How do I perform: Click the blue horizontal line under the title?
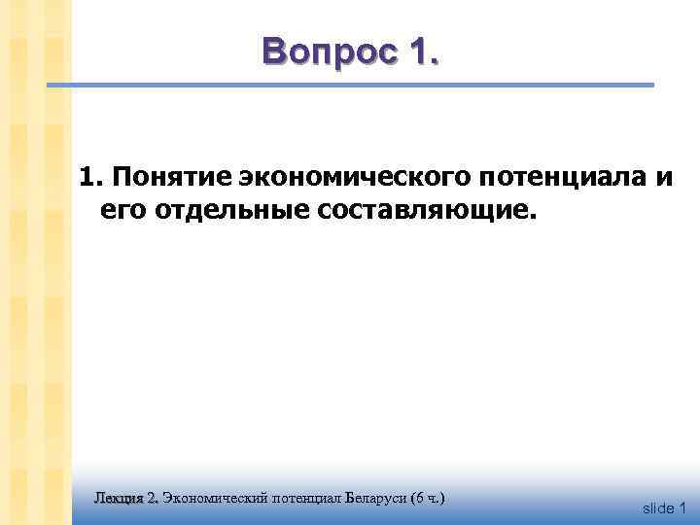(x=350, y=87)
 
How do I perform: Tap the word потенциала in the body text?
(x=547, y=178)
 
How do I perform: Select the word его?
(x=118, y=210)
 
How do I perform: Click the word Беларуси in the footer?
(x=377, y=498)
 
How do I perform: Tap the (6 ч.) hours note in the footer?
(x=429, y=498)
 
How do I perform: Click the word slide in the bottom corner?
(x=658, y=507)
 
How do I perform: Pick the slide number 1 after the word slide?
(x=682, y=507)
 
